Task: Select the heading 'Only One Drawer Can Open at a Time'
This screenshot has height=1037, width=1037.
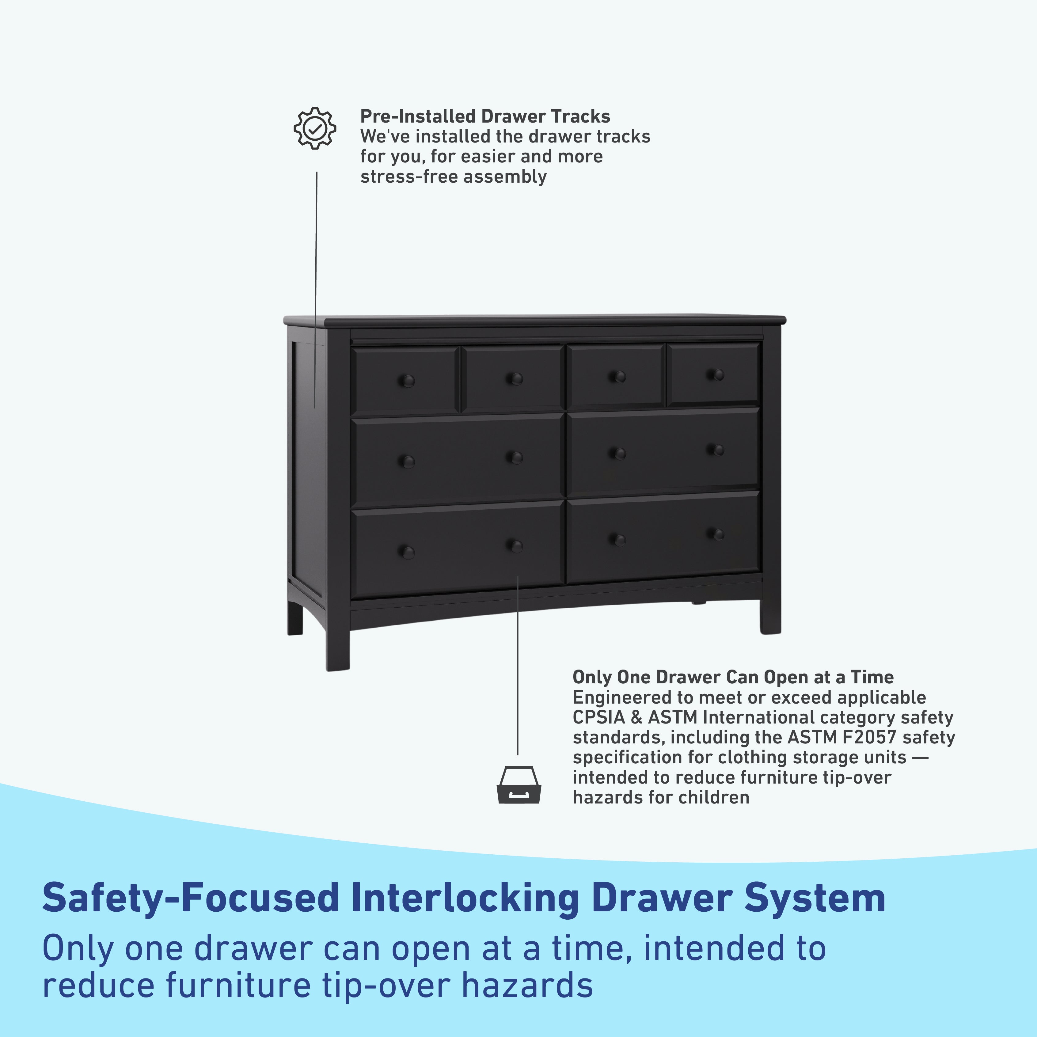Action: click(733, 677)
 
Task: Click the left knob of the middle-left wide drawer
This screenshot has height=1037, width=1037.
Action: click(407, 461)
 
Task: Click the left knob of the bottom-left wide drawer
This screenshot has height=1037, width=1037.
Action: click(407, 552)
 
